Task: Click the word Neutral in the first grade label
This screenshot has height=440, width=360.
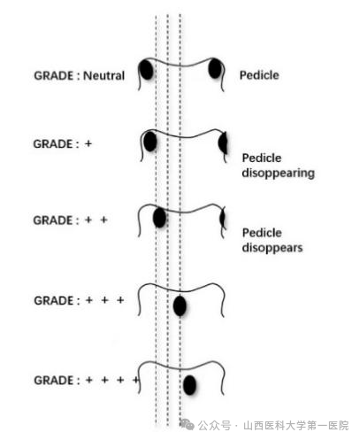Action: pyautogui.click(x=103, y=76)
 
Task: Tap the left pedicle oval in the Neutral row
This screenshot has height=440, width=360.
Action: pyautogui.click(x=146, y=70)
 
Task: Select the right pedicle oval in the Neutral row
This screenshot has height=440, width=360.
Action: pyautogui.click(x=215, y=68)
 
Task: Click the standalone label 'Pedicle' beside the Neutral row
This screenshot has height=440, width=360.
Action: pyautogui.click(x=259, y=75)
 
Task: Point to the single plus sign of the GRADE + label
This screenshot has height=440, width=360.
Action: pyautogui.click(x=88, y=143)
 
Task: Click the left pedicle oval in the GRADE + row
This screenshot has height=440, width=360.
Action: pyautogui.click(x=150, y=142)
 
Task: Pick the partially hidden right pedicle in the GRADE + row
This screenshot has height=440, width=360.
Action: pyautogui.click(x=223, y=143)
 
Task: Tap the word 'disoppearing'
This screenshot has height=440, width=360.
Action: pyautogui.click(x=279, y=173)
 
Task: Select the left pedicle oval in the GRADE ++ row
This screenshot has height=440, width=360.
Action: pyautogui.click(x=159, y=218)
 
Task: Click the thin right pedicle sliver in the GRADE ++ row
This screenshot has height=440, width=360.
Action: pyautogui.click(x=223, y=219)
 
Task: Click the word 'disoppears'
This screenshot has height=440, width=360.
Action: pyautogui.click(x=272, y=248)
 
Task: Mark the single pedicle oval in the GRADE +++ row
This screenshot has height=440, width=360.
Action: pyautogui.click(x=180, y=306)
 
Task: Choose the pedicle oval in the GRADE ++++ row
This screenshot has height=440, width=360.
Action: pyautogui.click(x=189, y=385)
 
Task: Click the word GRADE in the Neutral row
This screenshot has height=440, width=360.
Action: pyautogui.click(x=54, y=76)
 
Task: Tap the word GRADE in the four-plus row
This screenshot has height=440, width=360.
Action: pyautogui.click(x=54, y=381)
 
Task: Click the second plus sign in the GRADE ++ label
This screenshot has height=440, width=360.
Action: pyautogui.click(x=103, y=220)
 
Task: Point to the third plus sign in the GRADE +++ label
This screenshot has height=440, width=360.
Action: pyautogui.click(x=120, y=300)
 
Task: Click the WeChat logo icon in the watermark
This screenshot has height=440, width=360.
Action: pyautogui.click(x=188, y=425)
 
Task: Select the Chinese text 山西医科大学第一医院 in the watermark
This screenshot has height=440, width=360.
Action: pyautogui.click(x=296, y=426)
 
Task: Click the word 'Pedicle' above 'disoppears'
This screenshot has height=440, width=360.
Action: pyautogui.click(x=262, y=233)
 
